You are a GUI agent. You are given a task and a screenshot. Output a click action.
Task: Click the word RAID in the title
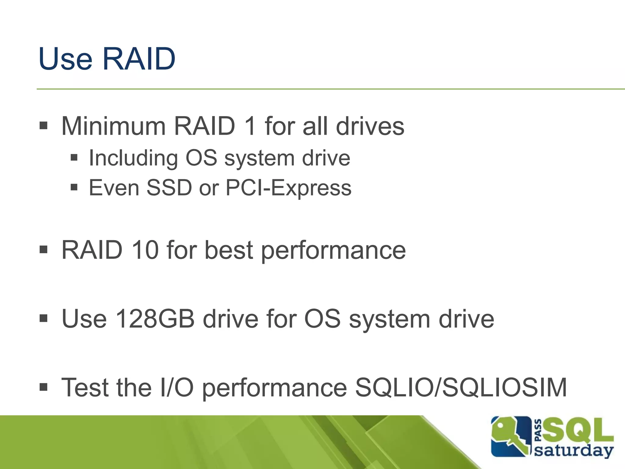click(139, 59)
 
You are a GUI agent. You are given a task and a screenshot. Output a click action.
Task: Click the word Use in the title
click(65, 59)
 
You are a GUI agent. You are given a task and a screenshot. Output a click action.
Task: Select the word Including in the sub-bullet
click(133, 158)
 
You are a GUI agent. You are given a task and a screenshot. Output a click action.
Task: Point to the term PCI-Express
click(288, 187)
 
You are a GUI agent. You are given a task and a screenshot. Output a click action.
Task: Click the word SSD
click(169, 187)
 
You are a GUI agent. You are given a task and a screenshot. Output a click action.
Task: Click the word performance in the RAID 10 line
click(333, 250)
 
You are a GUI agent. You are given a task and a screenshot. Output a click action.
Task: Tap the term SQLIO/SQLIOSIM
click(461, 387)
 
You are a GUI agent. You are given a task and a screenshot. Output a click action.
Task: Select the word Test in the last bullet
click(85, 387)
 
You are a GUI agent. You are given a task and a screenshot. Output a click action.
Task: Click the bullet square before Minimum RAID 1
click(44, 125)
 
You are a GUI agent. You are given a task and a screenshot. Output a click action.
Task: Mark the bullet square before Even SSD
click(74, 187)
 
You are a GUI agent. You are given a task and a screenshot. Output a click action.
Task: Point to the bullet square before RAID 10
click(44, 250)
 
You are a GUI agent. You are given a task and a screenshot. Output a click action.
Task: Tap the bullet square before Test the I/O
click(44, 387)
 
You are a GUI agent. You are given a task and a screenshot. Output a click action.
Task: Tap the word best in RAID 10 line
click(229, 250)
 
